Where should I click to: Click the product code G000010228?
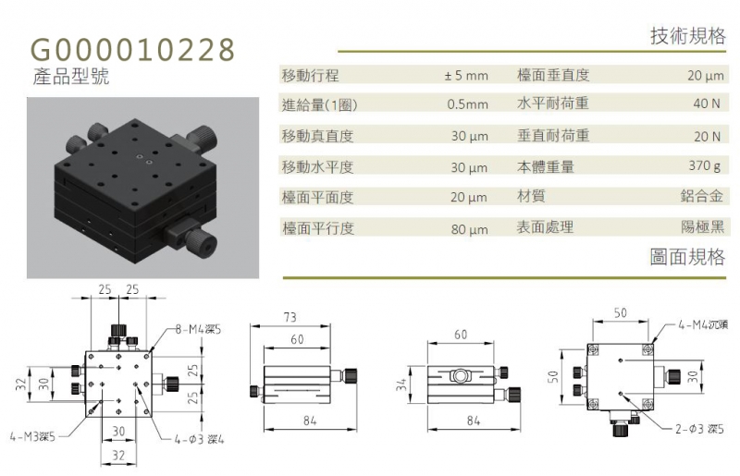(132, 50)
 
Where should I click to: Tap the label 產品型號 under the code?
(71, 77)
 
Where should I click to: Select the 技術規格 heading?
(687, 36)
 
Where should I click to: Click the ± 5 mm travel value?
(466, 76)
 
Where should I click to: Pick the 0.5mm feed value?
(467, 104)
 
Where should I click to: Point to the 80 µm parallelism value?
(469, 229)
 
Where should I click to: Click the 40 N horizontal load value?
(707, 104)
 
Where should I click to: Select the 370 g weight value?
(705, 165)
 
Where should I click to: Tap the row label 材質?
(531, 196)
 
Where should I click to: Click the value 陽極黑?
(702, 227)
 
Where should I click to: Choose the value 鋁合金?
(702, 196)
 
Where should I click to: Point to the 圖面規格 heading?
(687, 257)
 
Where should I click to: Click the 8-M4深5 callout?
(198, 329)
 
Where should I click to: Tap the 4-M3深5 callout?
(32, 437)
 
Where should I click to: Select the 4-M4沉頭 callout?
(703, 324)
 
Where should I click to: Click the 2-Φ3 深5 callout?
(699, 429)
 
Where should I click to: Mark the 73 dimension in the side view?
(290, 317)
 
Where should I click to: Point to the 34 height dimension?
(401, 385)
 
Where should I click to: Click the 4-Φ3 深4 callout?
(199, 440)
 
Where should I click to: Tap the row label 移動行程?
(310, 76)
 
